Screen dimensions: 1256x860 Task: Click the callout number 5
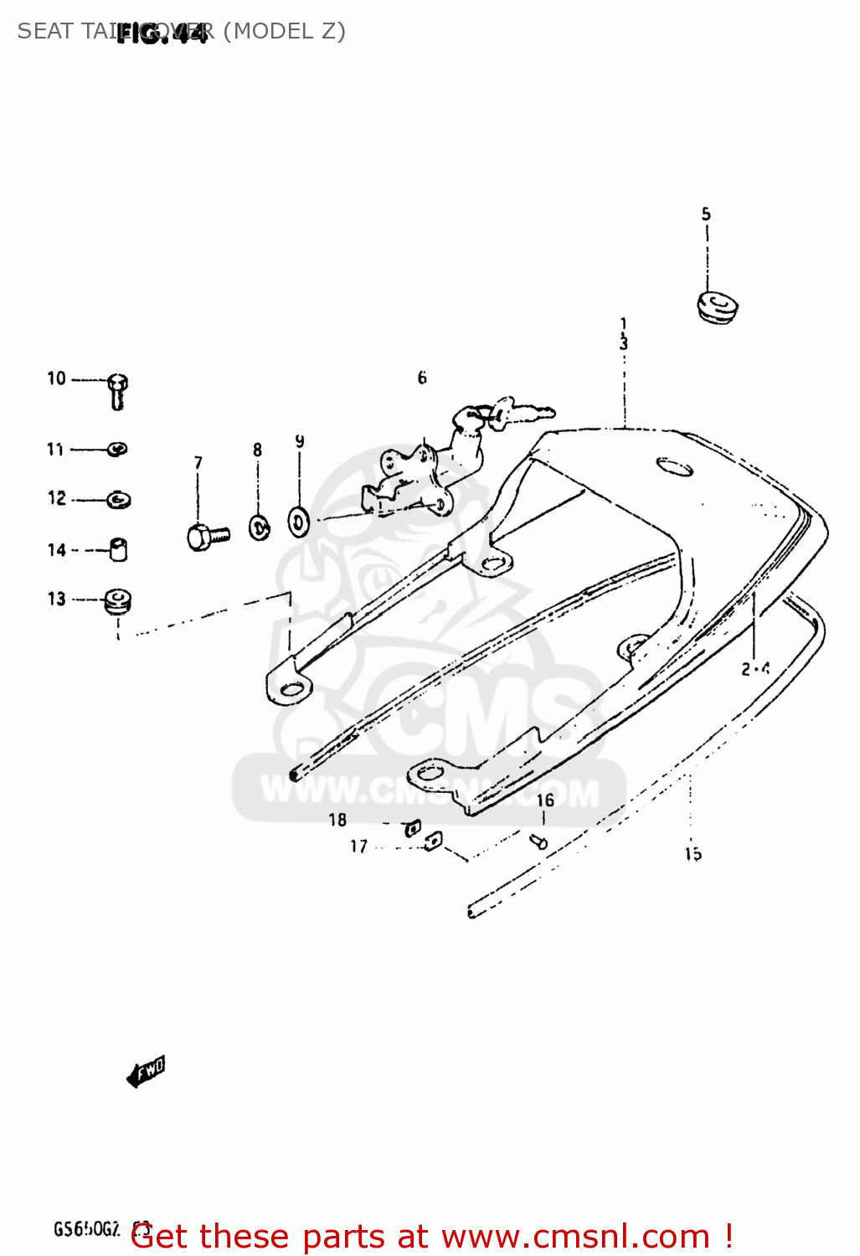706,214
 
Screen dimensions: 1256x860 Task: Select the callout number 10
56,378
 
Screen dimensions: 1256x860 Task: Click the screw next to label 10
117,390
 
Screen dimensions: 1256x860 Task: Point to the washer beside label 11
118,450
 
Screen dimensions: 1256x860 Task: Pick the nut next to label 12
119,500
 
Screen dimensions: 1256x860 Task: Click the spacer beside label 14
119,549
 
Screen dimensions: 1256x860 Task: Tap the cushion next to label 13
117,600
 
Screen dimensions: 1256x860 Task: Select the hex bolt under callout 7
206,536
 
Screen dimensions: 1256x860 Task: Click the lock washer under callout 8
260,528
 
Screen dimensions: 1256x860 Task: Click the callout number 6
422,378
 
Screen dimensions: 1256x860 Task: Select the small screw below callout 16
540,842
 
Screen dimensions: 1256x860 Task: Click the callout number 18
337,820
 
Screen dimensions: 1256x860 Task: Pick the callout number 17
358,847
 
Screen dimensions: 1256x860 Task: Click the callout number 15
693,854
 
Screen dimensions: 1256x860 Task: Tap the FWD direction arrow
146,1071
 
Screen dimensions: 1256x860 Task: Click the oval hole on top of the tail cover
674,466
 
